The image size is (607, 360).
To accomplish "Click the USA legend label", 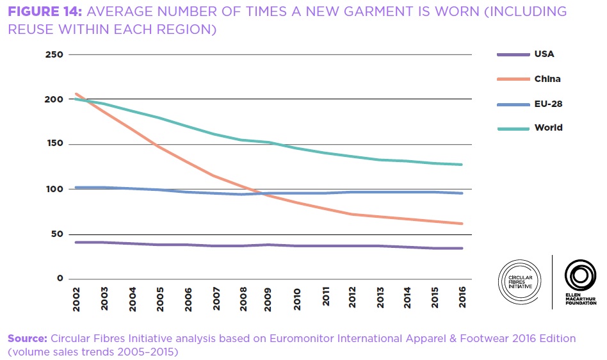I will [544, 54].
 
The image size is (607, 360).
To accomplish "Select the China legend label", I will [547, 79].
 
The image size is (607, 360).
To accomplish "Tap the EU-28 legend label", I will [548, 103].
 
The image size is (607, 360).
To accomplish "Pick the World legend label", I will [548, 127].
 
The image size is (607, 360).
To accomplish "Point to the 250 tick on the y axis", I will [54, 54].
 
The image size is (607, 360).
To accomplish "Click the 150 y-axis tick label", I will [54, 144].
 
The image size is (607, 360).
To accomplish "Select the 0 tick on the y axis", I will [60, 279].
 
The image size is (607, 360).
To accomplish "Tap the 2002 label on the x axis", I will [77, 299].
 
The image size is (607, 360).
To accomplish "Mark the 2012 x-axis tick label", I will [352, 299].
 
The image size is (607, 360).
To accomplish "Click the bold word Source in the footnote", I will [28, 338].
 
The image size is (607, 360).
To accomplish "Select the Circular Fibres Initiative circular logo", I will [519, 281].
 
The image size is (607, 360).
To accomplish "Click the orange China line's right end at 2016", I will [462, 224].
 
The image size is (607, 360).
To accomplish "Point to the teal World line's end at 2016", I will [462, 165].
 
